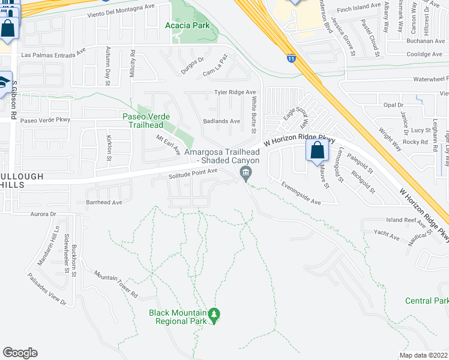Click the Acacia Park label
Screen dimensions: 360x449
[x=187, y=26]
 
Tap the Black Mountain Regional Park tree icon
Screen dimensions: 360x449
[x=214, y=313]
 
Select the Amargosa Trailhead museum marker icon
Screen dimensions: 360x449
[x=245, y=174]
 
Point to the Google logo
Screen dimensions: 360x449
[x=20, y=353]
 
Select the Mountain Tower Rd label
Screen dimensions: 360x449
[x=116, y=283]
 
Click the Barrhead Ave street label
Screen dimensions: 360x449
[x=104, y=202]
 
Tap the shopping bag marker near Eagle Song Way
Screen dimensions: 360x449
[x=318, y=150]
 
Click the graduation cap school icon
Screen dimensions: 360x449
[x=5, y=82]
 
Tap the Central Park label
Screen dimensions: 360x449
[x=427, y=301]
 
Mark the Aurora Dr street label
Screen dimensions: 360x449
[x=43, y=214]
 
